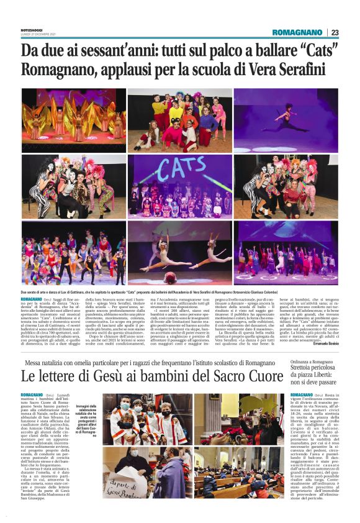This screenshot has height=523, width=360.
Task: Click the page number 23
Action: coord(335,32)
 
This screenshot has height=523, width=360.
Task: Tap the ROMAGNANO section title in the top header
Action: coord(297,32)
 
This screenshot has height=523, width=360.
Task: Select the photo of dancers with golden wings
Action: coord(73,120)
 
